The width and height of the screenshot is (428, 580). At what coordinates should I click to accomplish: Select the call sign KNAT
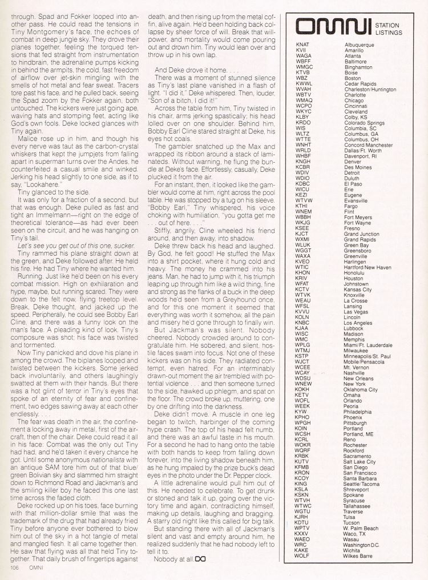pyautogui.click(x=303, y=45)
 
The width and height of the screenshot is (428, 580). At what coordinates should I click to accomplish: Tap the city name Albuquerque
pyautogui.click(x=362, y=45)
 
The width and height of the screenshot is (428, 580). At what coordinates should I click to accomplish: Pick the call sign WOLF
pyautogui.click(x=302, y=555)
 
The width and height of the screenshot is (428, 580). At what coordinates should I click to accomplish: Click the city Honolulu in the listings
pyautogui.click(x=357, y=272)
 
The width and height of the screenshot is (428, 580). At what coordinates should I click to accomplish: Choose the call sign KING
pyautogui.click(x=302, y=484)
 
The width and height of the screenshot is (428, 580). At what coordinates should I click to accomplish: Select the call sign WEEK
pyautogui.click(x=302, y=406)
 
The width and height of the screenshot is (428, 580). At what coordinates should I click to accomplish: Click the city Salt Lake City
pyautogui.click(x=360, y=462)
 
